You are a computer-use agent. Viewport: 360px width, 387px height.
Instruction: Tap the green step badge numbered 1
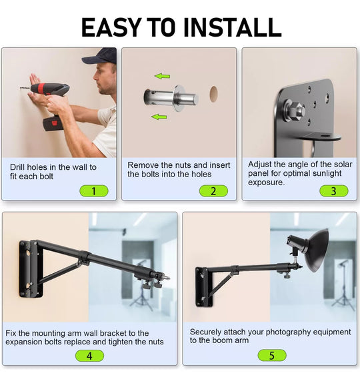[x=94, y=191]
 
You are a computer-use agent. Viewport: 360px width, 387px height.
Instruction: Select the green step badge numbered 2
[x=213, y=191]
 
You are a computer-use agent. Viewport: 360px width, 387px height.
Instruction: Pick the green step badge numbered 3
[x=334, y=191]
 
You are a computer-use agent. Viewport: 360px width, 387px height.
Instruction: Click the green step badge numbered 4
[x=89, y=356]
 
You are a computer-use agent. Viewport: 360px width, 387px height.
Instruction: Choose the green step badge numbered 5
[x=272, y=356]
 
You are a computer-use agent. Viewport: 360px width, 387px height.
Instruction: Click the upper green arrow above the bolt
[x=163, y=76]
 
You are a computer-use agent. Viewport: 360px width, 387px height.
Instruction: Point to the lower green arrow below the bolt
[x=159, y=117]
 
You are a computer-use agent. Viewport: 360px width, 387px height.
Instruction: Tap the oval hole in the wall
[x=213, y=94]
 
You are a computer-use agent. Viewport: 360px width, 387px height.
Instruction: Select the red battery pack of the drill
[x=53, y=124]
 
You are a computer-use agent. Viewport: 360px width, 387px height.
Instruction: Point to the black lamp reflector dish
[x=317, y=250]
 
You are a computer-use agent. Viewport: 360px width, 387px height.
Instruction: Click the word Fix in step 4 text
[x=11, y=333]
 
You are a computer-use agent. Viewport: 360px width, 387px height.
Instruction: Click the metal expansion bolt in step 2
[x=171, y=98]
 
